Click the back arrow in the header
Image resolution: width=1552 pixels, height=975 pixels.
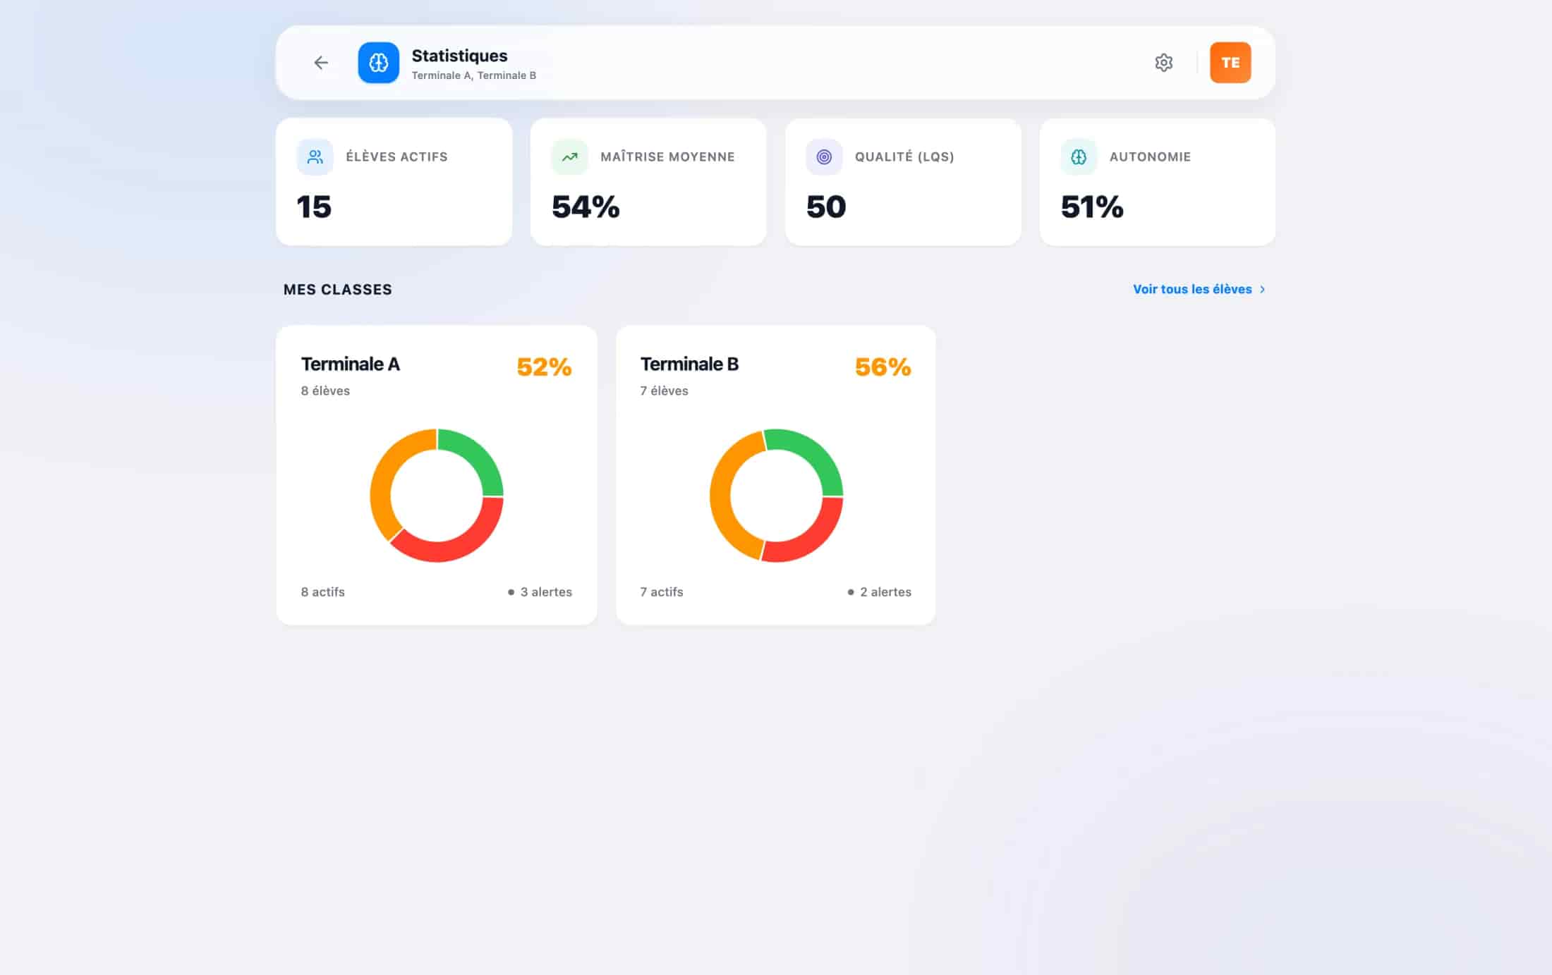(x=321, y=63)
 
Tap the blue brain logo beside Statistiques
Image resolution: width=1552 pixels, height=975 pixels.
(x=378, y=63)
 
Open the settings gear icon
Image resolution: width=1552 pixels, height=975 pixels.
(x=1163, y=63)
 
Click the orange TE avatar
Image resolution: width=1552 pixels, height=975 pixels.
(x=1230, y=63)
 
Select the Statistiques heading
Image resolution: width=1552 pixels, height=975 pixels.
(x=459, y=56)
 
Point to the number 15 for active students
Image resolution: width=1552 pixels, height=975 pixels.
(x=314, y=207)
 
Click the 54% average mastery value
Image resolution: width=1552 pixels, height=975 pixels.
(x=586, y=207)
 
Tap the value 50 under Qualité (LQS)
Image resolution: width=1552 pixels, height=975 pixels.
(x=826, y=207)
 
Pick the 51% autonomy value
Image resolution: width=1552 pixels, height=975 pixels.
(x=1092, y=207)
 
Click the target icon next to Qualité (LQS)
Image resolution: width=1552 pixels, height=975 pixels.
(x=824, y=157)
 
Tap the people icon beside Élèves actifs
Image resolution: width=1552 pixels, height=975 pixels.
(x=315, y=157)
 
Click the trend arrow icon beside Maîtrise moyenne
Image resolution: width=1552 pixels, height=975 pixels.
(x=569, y=157)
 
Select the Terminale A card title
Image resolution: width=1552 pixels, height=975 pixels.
(x=351, y=364)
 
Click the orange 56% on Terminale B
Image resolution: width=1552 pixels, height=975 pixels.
(x=883, y=367)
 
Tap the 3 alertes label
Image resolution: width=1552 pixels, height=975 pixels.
(x=546, y=592)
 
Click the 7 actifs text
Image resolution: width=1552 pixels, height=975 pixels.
(x=662, y=592)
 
